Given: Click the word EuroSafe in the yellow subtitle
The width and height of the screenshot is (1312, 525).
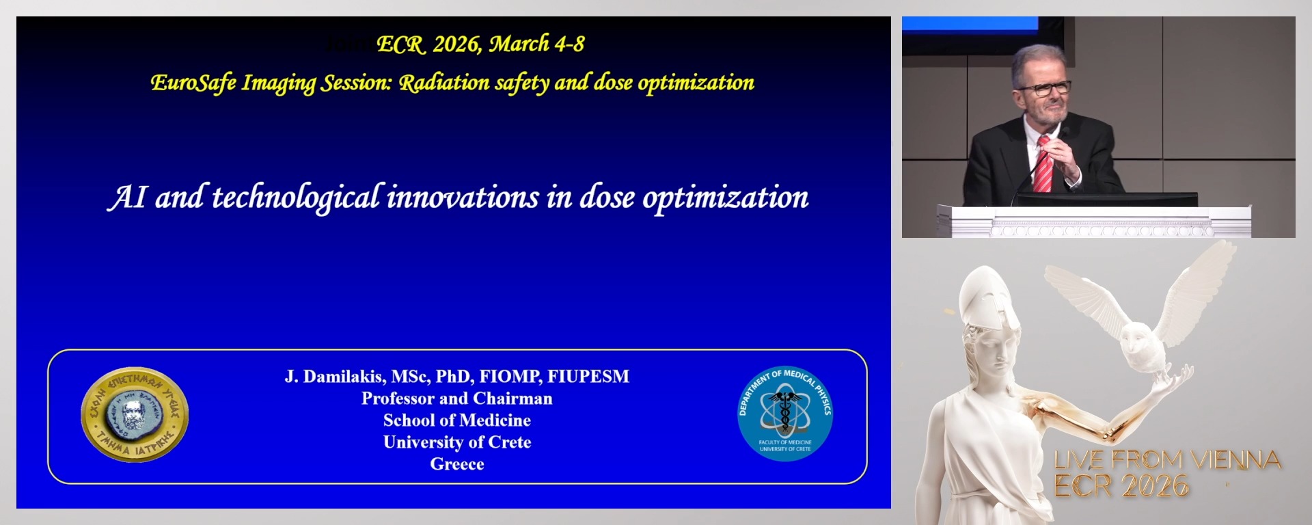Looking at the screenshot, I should point(193,83).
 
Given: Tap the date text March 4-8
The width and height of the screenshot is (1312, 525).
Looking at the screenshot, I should point(536,44).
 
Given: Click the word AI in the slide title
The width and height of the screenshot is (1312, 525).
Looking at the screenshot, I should point(127,198).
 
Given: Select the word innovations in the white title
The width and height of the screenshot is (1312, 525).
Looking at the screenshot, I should point(463,198).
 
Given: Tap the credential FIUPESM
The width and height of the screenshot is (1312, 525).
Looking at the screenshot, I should point(588,377).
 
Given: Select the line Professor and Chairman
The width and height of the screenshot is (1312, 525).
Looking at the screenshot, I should point(456,399).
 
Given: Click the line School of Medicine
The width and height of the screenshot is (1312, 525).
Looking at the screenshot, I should point(456,420).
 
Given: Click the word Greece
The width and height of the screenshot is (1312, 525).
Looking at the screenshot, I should point(456,464).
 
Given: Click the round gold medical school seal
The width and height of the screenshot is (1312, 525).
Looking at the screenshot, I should point(135,415).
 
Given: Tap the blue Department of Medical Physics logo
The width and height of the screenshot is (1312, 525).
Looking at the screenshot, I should point(785,413).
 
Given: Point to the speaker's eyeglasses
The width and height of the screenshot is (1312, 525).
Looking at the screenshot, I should point(1044,88).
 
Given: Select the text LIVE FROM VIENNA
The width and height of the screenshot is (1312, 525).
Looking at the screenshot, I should point(1166,460).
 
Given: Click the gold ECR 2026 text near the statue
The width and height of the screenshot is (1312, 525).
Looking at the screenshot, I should point(1121,486).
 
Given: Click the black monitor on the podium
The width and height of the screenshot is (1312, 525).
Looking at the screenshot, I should point(1106,200).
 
